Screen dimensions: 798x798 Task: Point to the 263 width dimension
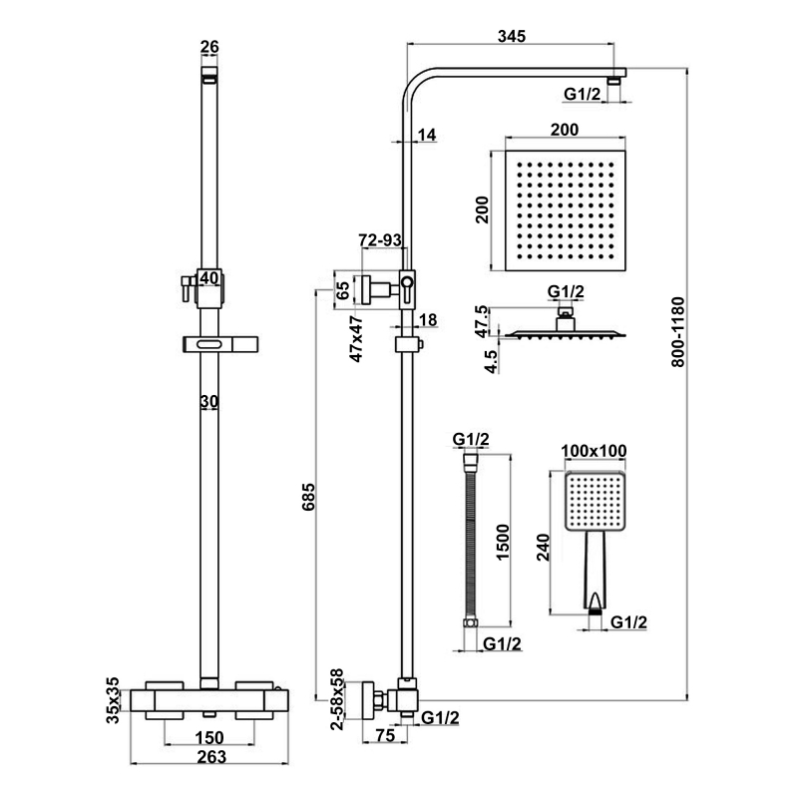[209, 757]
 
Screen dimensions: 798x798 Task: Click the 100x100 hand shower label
[595, 451]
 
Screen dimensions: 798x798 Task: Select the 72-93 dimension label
[380, 240]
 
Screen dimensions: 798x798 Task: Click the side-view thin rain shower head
[566, 333]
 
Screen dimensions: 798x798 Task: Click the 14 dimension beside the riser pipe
[428, 136]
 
